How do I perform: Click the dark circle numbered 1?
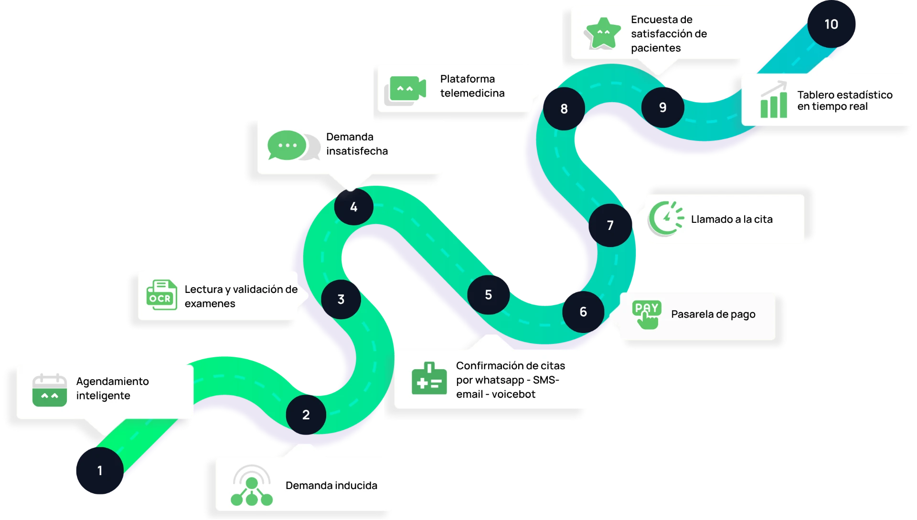click(100, 470)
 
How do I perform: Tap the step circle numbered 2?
click(306, 415)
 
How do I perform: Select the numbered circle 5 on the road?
click(489, 294)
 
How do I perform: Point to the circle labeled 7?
click(610, 225)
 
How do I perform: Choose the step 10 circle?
click(832, 24)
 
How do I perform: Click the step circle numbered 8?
click(564, 109)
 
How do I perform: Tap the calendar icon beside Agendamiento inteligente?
click(50, 390)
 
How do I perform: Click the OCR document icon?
click(161, 294)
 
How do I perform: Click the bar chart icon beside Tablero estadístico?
click(774, 99)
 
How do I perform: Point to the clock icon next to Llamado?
click(666, 218)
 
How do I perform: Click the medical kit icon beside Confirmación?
click(429, 378)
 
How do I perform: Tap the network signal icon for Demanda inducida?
click(252, 485)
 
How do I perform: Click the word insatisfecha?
click(357, 151)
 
